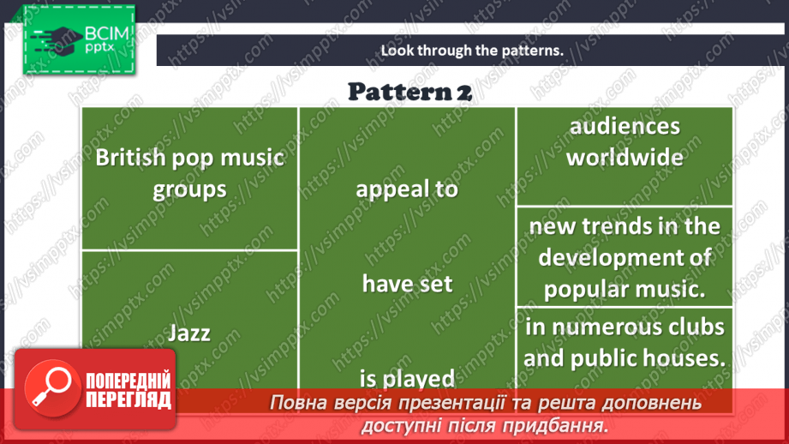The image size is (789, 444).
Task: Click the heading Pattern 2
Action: point(409,91)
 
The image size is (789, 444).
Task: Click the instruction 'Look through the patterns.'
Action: point(472,50)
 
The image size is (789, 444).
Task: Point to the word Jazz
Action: point(188,333)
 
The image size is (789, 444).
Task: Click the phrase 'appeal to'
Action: point(407,189)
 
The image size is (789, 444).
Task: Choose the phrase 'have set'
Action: point(407,283)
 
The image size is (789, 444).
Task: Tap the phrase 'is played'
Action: point(407,378)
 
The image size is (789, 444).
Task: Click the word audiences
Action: point(625,126)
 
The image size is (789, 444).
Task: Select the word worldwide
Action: point(625,157)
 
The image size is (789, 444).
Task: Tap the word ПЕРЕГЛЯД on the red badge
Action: point(129,399)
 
